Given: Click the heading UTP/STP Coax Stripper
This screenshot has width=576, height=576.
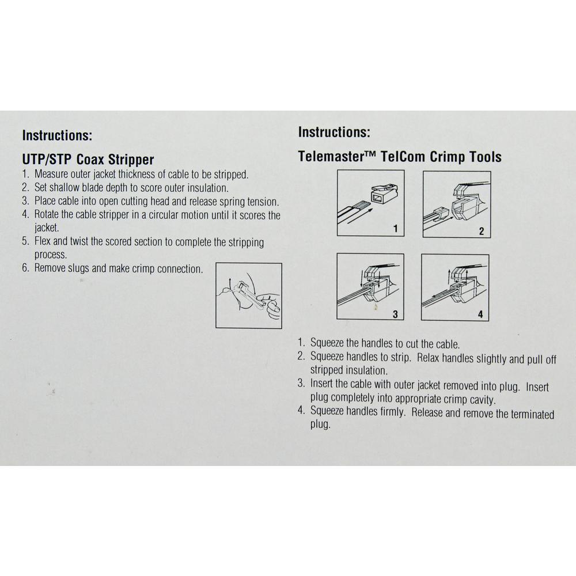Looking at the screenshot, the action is pyautogui.click(x=88, y=160).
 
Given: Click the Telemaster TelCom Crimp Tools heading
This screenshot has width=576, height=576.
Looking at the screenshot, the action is pyautogui.click(x=400, y=157).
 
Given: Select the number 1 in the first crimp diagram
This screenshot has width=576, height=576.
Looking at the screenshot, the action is pyautogui.click(x=396, y=229).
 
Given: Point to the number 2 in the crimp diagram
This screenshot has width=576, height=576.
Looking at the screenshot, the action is pyautogui.click(x=481, y=231).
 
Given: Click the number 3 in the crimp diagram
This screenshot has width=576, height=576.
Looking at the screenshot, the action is pyautogui.click(x=395, y=314).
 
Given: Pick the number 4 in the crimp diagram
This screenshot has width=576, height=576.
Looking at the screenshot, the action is pyautogui.click(x=480, y=314).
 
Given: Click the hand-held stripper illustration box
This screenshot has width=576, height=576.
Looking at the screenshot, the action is pyautogui.click(x=249, y=295).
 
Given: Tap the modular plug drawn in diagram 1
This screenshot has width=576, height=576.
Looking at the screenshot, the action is pyautogui.click(x=384, y=192).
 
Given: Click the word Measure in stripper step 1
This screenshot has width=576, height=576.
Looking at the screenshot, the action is pyautogui.click(x=51, y=174).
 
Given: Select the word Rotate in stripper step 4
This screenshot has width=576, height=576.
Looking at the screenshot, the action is pyautogui.click(x=47, y=214).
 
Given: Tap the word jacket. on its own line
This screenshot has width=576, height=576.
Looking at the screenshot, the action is pyautogui.click(x=47, y=228).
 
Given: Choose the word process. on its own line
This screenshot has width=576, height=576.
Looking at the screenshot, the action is pyautogui.click(x=51, y=255).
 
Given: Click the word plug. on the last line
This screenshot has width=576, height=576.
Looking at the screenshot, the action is pyautogui.click(x=320, y=425).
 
